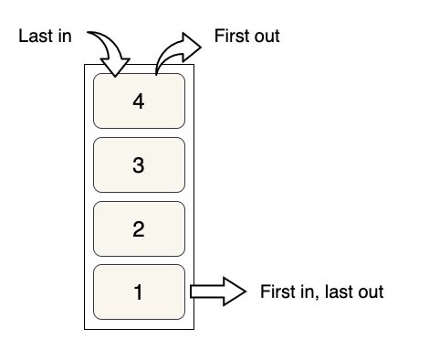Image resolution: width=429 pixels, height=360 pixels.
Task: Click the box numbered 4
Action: click(x=139, y=101)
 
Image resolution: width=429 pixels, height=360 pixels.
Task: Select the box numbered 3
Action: click(x=139, y=165)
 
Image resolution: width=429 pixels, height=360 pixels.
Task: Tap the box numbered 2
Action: click(x=139, y=228)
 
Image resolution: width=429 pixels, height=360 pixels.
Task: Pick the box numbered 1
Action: click(x=139, y=292)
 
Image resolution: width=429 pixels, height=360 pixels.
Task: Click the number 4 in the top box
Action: click(x=139, y=102)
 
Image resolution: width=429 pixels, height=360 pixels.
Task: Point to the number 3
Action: click(x=139, y=165)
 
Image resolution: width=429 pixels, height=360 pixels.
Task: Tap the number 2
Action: click(x=139, y=229)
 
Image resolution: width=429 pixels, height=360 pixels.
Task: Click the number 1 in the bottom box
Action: click(x=139, y=293)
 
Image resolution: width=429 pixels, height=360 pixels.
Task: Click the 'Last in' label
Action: click(x=45, y=37)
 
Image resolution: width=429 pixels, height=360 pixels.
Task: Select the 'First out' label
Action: click(x=246, y=37)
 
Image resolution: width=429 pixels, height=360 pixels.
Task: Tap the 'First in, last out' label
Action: click(x=321, y=292)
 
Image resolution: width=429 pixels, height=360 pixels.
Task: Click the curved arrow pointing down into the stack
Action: click(x=110, y=50)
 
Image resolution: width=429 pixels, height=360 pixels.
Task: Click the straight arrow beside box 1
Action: click(x=217, y=292)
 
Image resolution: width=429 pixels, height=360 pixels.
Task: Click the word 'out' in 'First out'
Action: click(x=266, y=37)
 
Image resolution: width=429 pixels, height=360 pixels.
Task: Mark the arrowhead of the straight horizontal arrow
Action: click(x=235, y=292)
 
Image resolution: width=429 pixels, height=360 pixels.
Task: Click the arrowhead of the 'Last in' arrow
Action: click(x=118, y=68)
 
